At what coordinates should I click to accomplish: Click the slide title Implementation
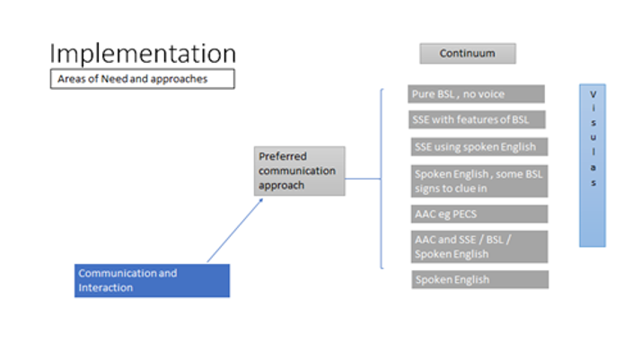[143, 54]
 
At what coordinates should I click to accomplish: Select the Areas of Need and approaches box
[142, 79]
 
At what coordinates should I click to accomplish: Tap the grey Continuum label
[467, 54]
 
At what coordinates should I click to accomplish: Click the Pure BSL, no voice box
[477, 93]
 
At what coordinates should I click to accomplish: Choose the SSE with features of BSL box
[477, 119]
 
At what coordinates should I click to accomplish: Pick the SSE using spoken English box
[479, 146]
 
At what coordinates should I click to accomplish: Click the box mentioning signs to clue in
[479, 180]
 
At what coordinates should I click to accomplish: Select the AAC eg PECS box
[479, 214]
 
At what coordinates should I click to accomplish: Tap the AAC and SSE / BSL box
[479, 246]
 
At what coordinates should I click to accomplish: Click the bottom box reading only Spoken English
[479, 279]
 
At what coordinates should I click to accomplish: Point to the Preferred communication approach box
[299, 171]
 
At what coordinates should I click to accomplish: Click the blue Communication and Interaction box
[152, 280]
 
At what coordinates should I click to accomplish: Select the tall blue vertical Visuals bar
[593, 165]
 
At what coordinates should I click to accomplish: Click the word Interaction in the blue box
[106, 287]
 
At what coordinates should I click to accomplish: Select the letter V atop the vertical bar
[593, 94]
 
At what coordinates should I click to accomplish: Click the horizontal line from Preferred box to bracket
[363, 178]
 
